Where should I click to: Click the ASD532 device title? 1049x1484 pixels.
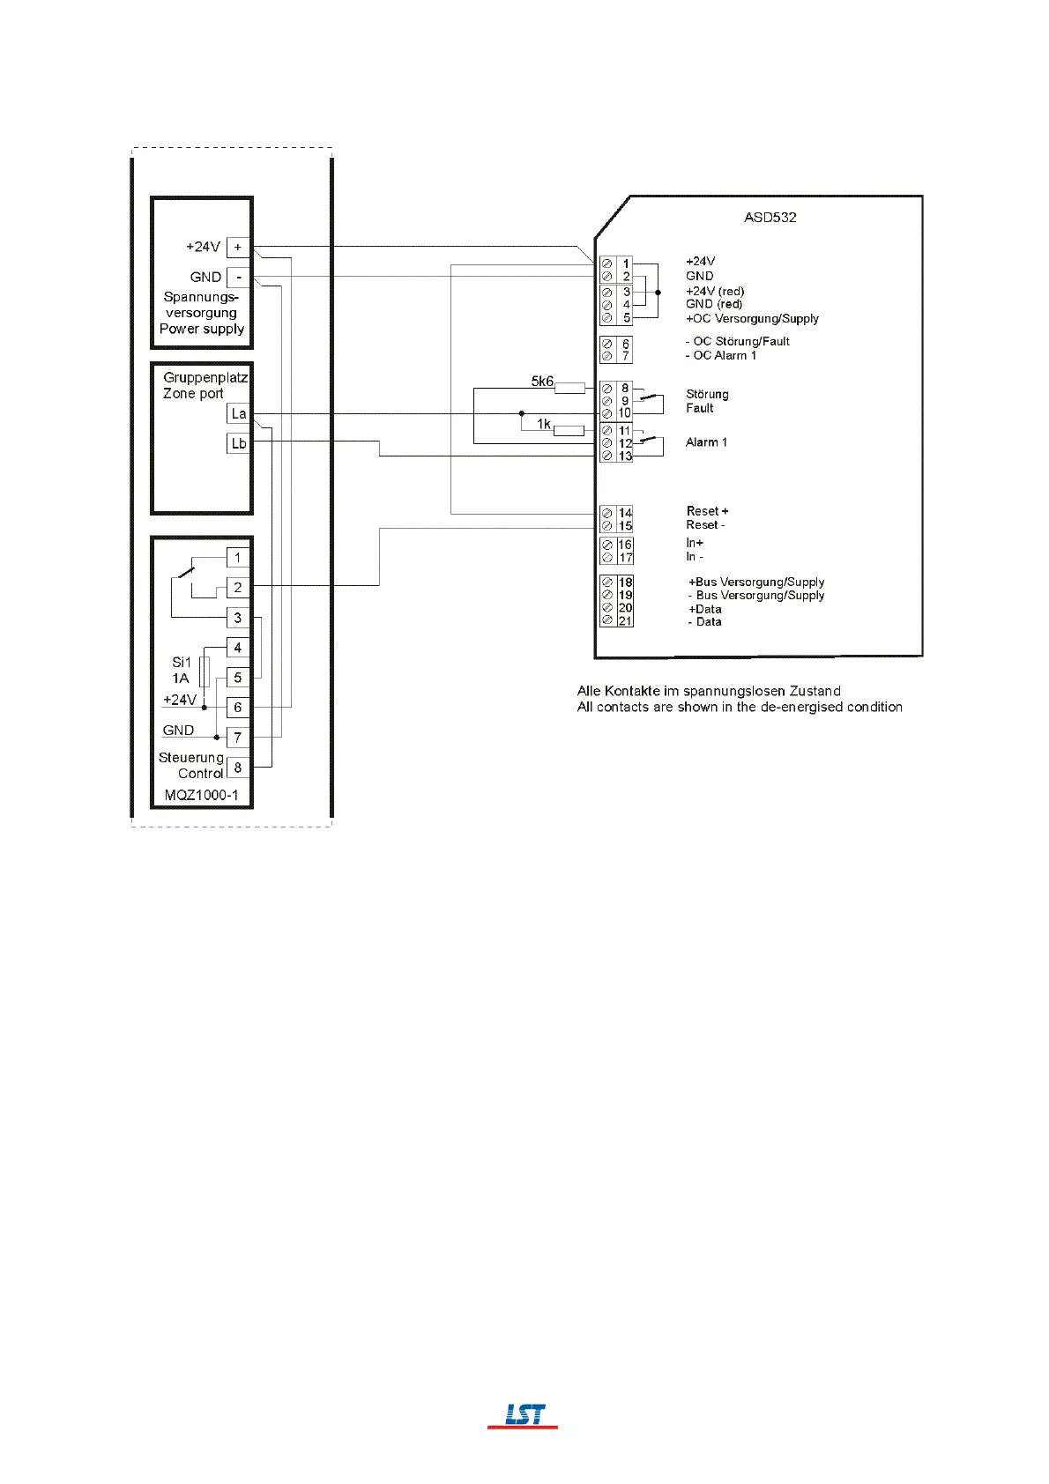pos(770,217)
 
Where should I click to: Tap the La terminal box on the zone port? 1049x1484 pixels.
pos(238,413)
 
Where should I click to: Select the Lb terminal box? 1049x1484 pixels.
pos(238,443)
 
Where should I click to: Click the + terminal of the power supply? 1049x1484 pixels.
pos(238,248)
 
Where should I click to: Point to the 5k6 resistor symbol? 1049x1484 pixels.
pos(569,388)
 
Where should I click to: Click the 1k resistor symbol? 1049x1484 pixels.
pos(569,431)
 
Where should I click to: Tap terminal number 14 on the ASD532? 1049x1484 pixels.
pos(625,512)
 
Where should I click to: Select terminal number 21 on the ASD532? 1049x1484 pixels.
pos(625,621)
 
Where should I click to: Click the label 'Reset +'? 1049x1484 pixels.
pos(707,511)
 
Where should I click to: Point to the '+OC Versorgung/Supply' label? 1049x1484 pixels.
pos(752,318)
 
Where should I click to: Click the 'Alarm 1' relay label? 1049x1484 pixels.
pos(706,442)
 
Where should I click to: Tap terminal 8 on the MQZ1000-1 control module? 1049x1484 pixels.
pos(238,768)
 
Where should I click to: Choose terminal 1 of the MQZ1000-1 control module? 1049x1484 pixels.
pos(238,558)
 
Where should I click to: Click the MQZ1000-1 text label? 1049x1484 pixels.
pos(201,795)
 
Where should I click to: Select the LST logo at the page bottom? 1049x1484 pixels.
pos(524,1415)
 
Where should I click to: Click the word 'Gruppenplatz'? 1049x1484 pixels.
pos(205,377)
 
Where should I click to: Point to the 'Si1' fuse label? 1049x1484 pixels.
pos(182,662)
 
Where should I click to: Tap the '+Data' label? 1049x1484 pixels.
pos(705,609)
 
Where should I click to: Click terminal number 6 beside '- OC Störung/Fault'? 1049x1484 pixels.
pos(626,344)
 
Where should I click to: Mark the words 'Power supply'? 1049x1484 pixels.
pos(202,329)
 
